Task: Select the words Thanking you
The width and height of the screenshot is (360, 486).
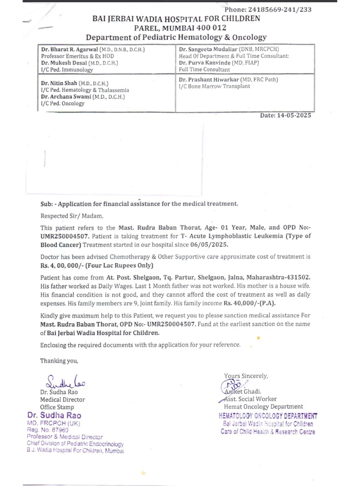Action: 59,360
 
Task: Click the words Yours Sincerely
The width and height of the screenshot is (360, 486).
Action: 246,376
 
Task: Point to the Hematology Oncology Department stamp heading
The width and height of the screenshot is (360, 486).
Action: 268,416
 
